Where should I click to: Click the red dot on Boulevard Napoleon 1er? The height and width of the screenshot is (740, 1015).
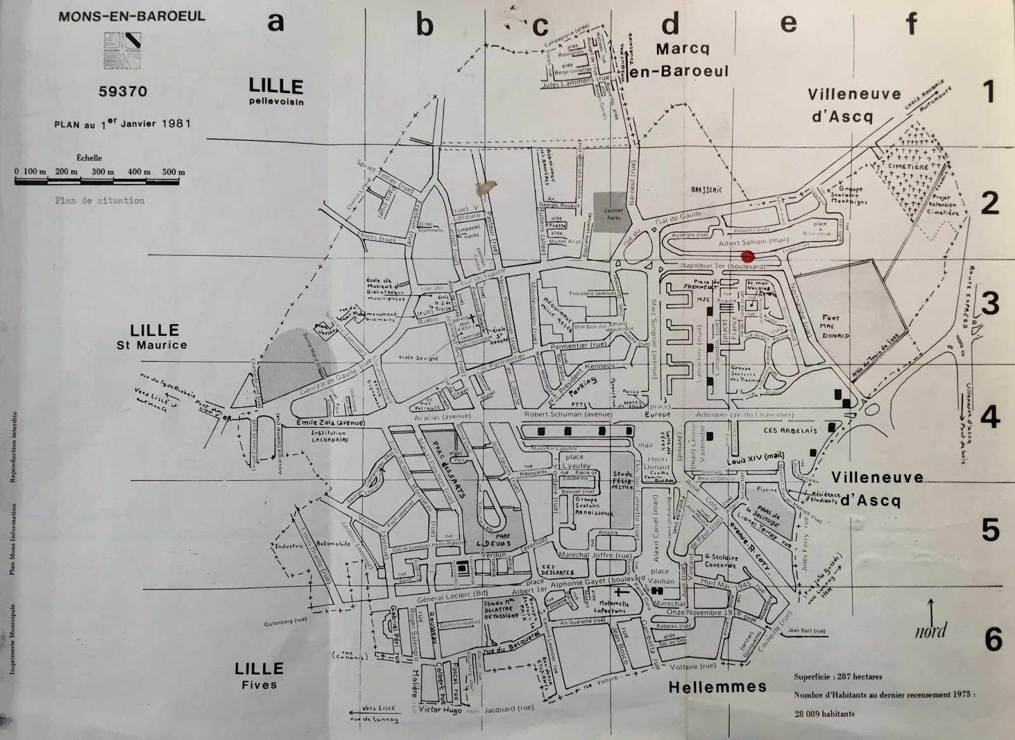point(749,256)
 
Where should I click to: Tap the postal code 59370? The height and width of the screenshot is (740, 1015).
point(123,91)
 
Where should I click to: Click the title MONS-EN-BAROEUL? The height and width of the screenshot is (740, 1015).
point(132,16)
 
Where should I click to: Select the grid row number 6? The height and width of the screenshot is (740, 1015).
point(992,638)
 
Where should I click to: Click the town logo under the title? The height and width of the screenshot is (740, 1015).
point(123,51)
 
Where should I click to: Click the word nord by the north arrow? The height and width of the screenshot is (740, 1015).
point(930,630)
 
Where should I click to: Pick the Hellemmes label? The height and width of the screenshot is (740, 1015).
point(717,687)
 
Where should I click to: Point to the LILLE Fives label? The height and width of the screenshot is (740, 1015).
point(259,675)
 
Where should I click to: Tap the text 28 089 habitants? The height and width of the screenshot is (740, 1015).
point(824,713)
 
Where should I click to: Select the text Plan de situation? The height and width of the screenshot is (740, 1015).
point(100,201)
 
